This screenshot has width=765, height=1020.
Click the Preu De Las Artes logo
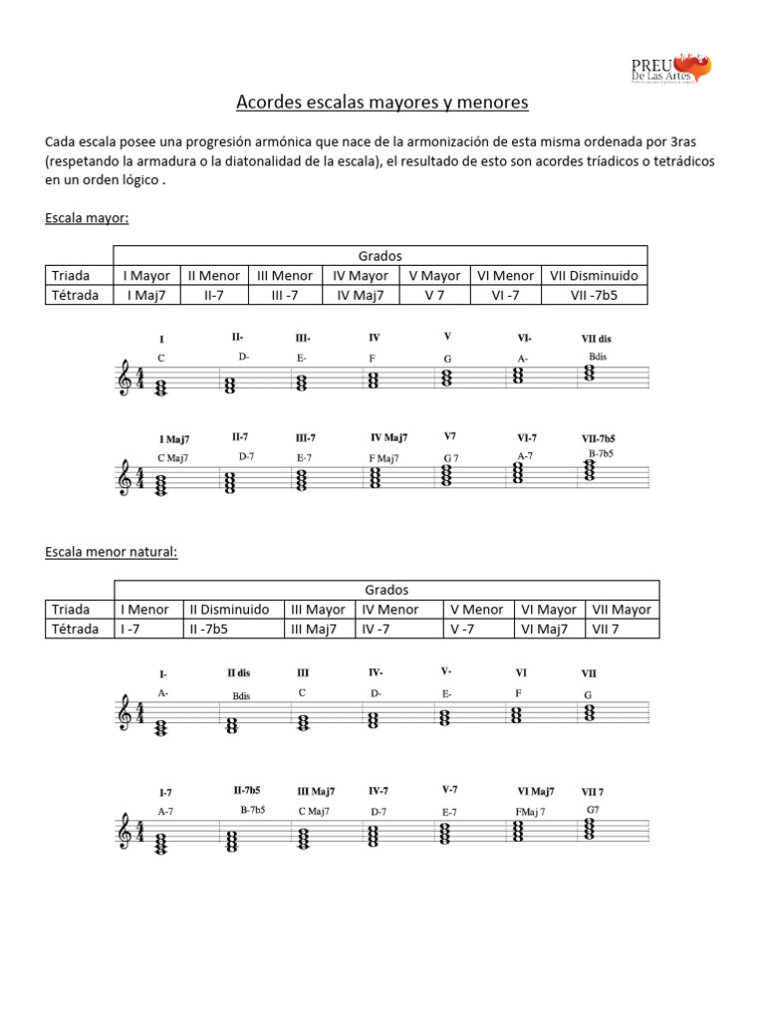670,69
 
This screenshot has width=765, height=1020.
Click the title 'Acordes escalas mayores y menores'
382,103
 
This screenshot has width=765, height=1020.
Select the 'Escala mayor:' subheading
88,217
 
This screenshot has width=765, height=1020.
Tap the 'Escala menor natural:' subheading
112,552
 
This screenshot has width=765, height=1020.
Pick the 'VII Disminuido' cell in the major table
593,276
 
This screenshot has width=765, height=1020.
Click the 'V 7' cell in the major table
434,295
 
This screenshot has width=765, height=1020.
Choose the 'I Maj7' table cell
145,295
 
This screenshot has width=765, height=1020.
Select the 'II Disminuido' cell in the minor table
230,610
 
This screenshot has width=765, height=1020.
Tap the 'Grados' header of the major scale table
379,256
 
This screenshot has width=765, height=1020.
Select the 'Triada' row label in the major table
71,276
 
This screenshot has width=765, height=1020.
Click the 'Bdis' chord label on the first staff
598,356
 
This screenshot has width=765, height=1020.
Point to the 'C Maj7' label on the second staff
173,458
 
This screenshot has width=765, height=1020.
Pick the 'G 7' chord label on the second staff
451,458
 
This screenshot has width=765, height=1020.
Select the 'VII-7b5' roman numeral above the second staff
599,438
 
